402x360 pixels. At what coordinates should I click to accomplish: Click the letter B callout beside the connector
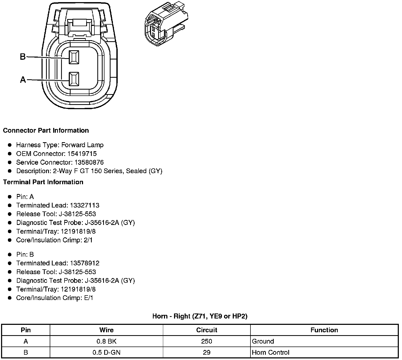23,57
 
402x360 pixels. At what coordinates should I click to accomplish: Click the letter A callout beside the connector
23,80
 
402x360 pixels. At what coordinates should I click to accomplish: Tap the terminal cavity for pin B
74,57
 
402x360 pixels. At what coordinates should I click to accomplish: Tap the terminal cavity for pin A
74,79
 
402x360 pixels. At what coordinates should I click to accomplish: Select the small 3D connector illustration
166,24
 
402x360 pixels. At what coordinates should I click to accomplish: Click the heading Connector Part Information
46,131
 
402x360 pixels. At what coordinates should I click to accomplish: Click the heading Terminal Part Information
43,182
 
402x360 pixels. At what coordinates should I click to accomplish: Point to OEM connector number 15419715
82,154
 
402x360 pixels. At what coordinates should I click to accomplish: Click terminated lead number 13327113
84,205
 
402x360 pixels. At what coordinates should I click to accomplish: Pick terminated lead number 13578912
84,263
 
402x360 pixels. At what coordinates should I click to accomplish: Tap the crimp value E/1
88,298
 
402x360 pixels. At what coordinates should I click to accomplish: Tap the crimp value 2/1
88,240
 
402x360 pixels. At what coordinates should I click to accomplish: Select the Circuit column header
207,330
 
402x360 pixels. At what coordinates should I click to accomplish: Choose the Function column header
324,330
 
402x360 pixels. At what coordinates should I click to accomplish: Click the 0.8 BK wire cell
106,341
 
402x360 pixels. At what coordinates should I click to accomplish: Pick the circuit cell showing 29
207,353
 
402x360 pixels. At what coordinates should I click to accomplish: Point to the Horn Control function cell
271,353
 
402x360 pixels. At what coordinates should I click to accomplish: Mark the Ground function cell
263,341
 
